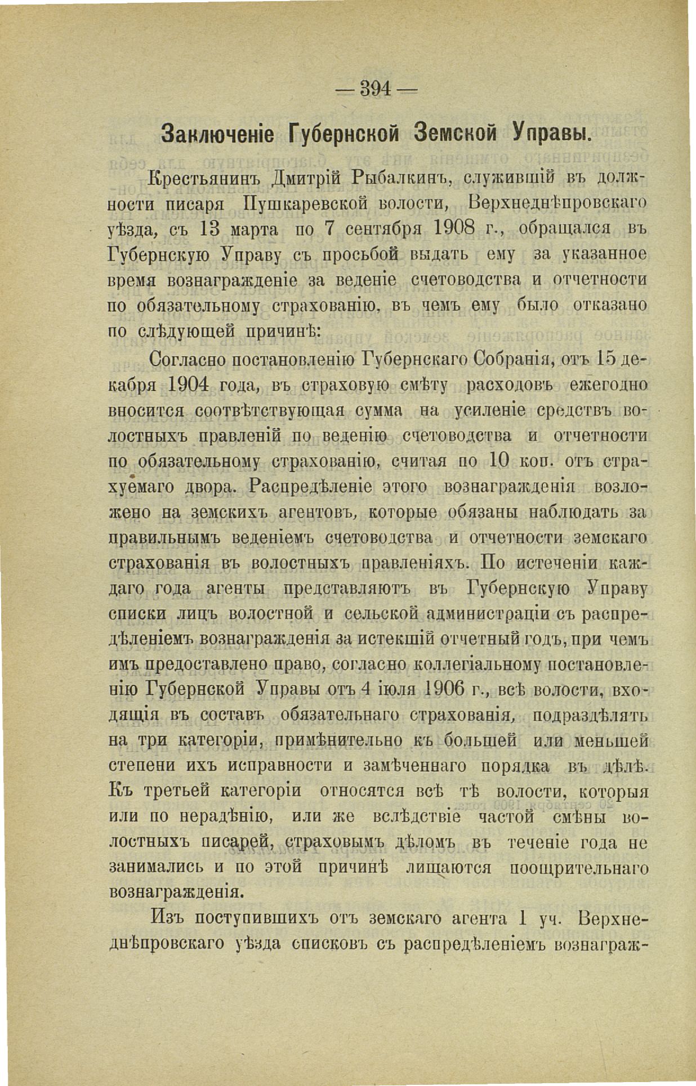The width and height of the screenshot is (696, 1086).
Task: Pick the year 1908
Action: tap(462, 230)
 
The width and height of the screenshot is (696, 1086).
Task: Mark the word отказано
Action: tap(609, 305)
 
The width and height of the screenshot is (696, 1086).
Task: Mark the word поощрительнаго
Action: tap(578, 867)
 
